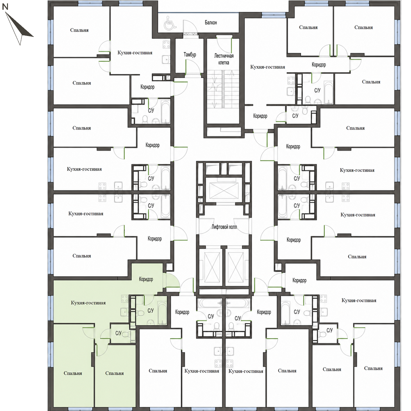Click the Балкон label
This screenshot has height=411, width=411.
coord(211,23)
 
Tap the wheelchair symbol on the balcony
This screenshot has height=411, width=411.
coord(170,24)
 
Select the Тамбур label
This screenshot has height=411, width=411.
coord(190,55)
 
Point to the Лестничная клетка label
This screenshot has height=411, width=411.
coord(224,59)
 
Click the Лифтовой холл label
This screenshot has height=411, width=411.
coord(224,227)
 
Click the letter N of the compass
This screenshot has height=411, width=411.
coord(5,7)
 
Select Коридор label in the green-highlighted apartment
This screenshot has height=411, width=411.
coord(146,279)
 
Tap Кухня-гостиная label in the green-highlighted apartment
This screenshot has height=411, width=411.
coord(88,303)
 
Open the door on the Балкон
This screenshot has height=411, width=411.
coord(190,27)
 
